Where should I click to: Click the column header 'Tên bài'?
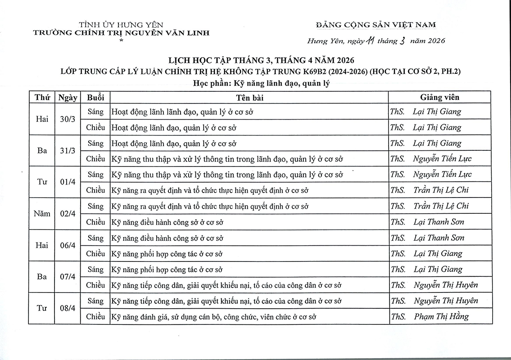(x=249, y=97)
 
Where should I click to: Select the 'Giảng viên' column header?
(x=439, y=97)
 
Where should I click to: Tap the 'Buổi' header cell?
(x=95, y=97)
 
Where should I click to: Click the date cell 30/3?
(x=68, y=120)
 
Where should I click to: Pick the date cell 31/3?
(x=68, y=151)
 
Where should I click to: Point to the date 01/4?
(x=68, y=183)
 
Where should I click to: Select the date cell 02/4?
(x=68, y=214)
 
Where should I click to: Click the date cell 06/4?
(x=68, y=246)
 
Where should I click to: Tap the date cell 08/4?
(x=68, y=309)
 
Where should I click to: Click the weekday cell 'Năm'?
(x=42, y=214)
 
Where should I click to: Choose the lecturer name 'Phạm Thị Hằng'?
(x=441, y=316)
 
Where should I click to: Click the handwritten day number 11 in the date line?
(x=371, y=41)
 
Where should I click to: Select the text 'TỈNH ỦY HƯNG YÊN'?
(x=121, y=25)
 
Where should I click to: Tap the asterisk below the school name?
(x=121, y=41)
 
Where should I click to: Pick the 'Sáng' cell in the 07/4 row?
(x=95, y=270)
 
